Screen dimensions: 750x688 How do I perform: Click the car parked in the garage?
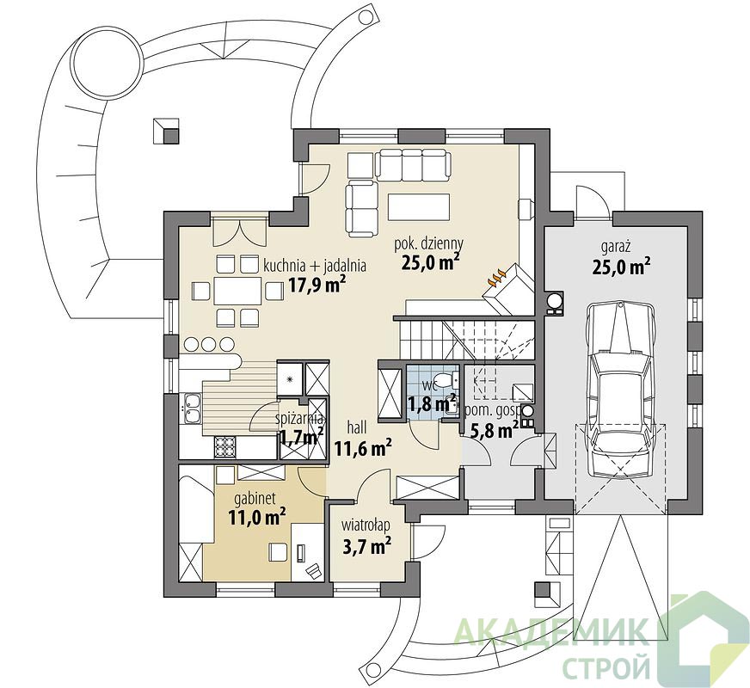pos(619,386)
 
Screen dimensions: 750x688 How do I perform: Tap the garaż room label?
pos(616,248)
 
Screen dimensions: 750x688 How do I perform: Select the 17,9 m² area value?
pos(317,285)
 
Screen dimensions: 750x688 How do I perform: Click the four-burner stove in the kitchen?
pos(224,447)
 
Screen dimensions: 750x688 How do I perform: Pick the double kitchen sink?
pos(192,408)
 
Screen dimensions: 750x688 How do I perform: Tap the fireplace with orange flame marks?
pos(507,288)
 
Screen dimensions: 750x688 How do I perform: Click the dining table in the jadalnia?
pos(237,291)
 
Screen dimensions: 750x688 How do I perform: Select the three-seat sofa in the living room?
pos(413,164)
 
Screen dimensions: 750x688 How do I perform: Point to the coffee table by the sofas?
pos(419,206)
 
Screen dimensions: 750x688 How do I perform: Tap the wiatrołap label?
pos(366,525)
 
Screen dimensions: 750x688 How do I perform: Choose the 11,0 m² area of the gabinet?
pos(257,517)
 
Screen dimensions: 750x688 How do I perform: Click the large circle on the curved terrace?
pos(108,60)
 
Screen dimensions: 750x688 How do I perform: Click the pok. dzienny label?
pos(428,244)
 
